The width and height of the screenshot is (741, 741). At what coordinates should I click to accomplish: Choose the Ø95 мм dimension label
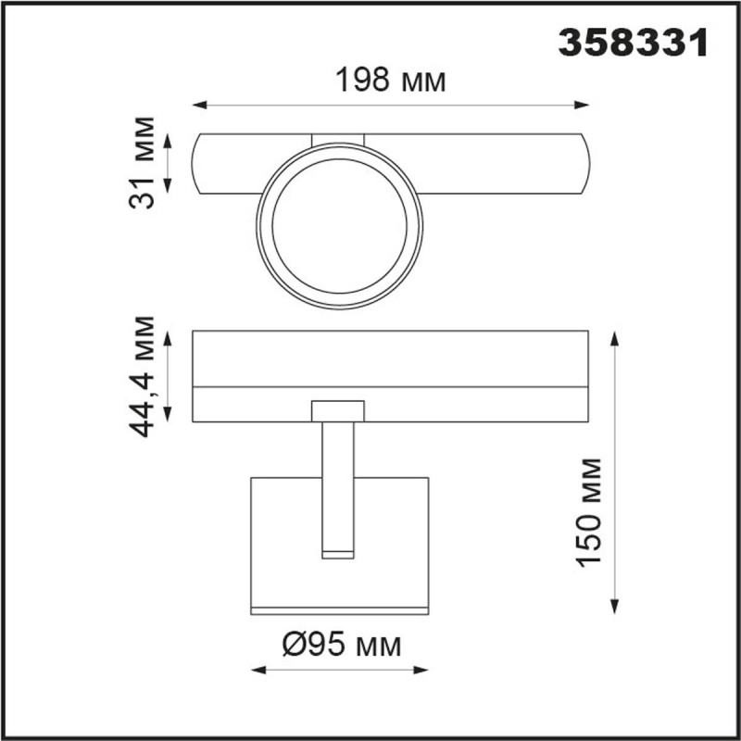pos(340,645)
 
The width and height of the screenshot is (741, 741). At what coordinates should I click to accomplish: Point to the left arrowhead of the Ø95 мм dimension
pos(257,670)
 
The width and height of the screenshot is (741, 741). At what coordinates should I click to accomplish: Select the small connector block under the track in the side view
pos(338,411)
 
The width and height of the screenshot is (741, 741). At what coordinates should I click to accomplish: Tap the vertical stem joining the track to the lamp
pos(338,486)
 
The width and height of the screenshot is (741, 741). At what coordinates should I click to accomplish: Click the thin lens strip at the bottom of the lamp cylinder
pos(340,609)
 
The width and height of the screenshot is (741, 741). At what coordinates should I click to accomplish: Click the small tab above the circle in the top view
pos(338,139)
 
